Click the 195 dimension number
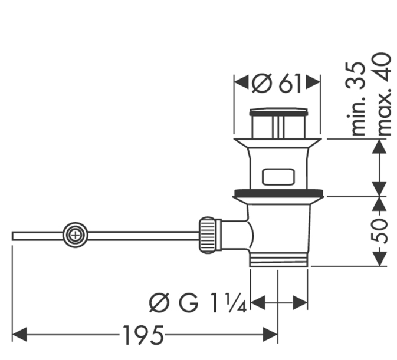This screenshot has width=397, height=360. pos(143,335)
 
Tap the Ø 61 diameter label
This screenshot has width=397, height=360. pos(277,84)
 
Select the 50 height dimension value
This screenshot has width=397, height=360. pos(379,232)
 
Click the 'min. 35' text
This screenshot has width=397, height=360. pos(356,98)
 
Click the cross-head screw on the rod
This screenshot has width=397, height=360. pos(75,235)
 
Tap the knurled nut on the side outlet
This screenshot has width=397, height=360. pos(207,235)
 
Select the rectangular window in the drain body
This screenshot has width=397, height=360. pos(278,176)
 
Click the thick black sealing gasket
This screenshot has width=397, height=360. pos(279,193)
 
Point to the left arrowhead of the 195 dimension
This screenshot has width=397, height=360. pos(19,334)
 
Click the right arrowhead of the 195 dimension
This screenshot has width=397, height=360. pos(270,334)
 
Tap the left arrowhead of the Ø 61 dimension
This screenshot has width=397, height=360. pos(241,82)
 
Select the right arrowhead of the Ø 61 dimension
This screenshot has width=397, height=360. pos(313,82)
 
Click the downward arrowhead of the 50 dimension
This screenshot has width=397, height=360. pos(379,258)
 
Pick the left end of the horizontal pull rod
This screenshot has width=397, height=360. pos(12,236)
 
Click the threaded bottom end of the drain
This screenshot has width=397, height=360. pos(279,259)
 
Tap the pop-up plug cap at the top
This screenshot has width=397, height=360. pos(278,113)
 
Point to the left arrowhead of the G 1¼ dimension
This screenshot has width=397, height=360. pos(258,302)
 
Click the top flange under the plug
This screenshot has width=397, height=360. pos(278,143)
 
